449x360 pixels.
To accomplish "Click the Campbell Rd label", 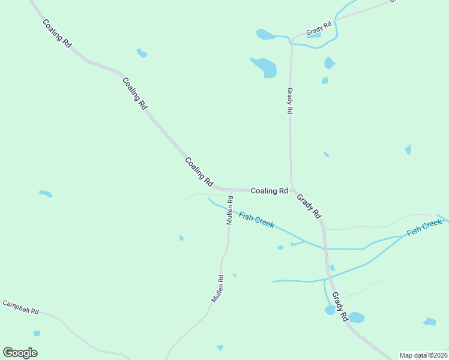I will pos(20,308).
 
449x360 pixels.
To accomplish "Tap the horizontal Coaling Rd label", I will pos(269,191).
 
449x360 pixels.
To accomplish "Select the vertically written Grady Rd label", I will pos(289,101).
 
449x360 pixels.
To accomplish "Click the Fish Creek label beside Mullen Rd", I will pos(256,220).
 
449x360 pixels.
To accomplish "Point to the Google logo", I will pos(20,353).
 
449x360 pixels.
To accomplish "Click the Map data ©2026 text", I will pos(424,355).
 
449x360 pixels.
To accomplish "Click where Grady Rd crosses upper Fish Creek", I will pos(325,248).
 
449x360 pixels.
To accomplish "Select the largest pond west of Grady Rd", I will pos(264,67).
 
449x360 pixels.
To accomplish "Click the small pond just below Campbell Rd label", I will pos(37,333).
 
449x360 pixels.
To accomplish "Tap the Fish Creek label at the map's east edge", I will pos(424,228).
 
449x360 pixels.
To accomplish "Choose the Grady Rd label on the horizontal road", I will pos(318,28).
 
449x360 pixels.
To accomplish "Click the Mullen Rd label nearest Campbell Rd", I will pos(217,288).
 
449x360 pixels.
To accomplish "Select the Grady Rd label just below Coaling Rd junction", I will pos(309,205).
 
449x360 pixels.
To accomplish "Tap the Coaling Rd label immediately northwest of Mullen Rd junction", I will pos(199,171).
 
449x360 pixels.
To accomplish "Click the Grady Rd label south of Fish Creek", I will pos(339,307).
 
